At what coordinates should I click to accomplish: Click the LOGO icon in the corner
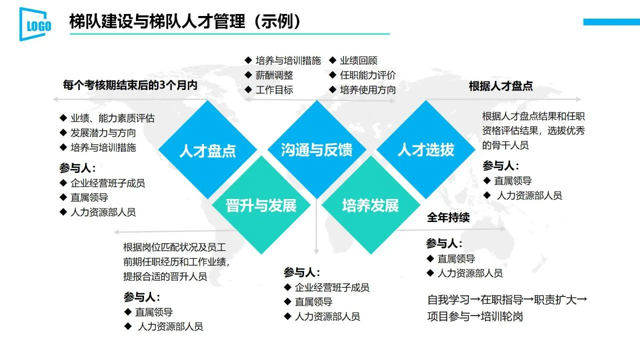point(35,24)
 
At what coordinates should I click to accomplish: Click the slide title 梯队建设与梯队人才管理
point(185,22)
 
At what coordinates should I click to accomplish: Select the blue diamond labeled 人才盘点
point(207,150)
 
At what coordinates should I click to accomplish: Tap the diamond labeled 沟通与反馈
point(316,149)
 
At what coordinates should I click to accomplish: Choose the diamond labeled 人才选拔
point(426,149)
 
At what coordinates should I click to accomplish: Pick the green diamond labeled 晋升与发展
point(261,205)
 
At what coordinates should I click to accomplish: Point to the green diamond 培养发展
point(370,205)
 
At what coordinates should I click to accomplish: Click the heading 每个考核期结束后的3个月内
point(130,85)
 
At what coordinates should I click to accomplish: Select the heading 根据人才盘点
point(500,86)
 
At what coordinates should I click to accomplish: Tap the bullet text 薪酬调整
point(274,75)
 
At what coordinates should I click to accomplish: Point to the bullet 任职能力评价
point(367,75)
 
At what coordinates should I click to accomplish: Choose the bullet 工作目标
point(274,90)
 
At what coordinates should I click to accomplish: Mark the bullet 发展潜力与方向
point(103,133)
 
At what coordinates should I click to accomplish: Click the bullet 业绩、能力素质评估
point(112,118)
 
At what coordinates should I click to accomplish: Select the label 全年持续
point(448,218)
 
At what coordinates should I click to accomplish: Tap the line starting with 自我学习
point(507,300)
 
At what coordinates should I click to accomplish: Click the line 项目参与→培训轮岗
point(475,316)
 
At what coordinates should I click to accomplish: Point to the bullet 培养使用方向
point(367,90)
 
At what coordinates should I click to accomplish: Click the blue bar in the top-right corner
point(611,21)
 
